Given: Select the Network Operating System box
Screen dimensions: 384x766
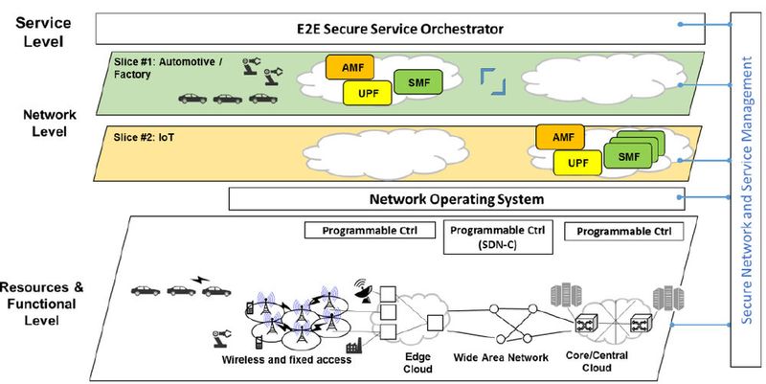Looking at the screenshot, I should (x=457, y=199).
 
